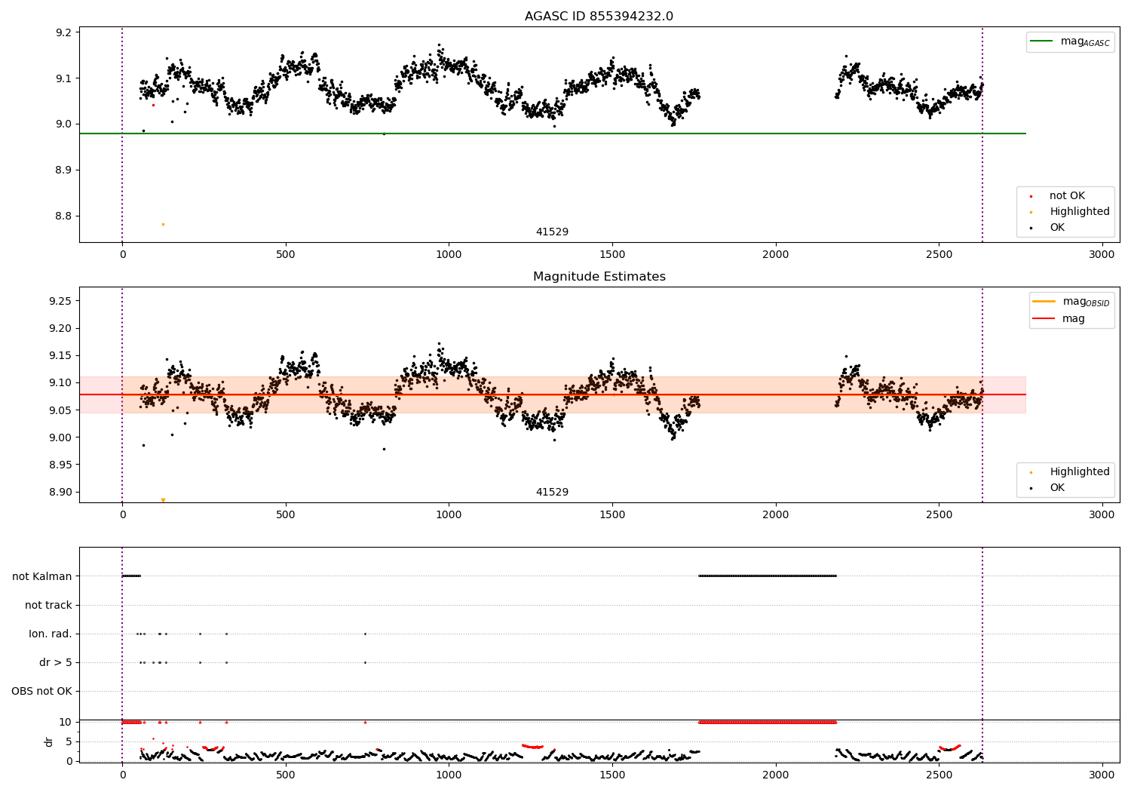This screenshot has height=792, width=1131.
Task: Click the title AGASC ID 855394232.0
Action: [599, 16]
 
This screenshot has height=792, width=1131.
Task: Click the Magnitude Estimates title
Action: [599, 276]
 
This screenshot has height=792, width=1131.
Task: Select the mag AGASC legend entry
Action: [1070, 41]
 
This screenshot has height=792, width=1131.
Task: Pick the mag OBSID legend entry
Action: [1071, 302]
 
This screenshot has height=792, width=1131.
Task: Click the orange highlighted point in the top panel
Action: [163, 224]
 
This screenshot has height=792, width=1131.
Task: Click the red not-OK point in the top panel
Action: [154, 105]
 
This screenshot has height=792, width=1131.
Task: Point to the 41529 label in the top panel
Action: [552, 232]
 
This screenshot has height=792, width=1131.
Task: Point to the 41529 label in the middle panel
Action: [552, 492]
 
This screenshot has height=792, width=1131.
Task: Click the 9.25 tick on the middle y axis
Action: [60, 301]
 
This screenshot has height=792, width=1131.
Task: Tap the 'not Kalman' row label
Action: [42, 576]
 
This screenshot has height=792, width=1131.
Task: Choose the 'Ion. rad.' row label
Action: [50, 634]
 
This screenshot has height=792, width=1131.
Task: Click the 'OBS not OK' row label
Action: [41, 691]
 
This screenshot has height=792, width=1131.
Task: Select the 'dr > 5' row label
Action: [56, 662]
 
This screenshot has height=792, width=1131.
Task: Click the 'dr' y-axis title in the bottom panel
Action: [48, 742]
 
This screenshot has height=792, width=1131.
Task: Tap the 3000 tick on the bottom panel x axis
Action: [1102, 775]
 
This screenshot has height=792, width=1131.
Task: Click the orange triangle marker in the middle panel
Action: [163, 500]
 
